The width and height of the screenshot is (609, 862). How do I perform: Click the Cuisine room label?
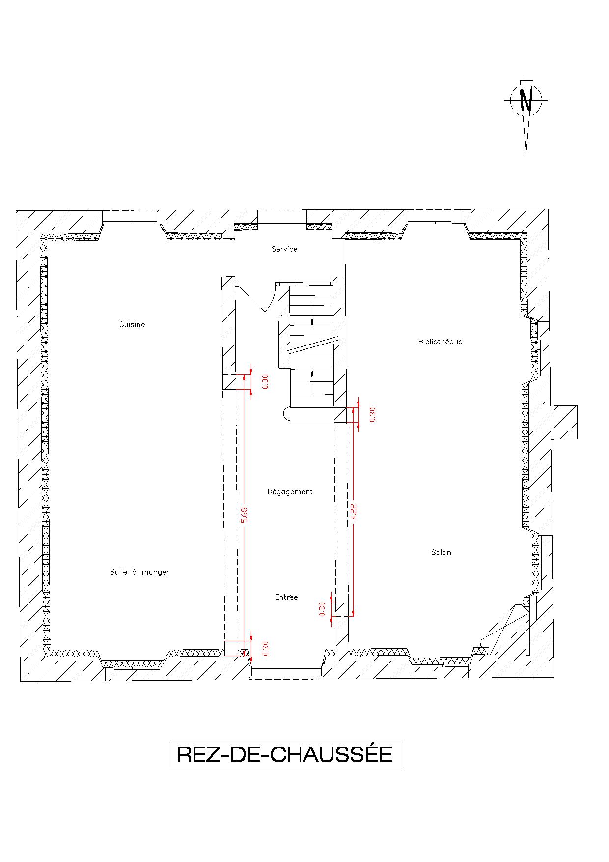pyautogui.click(x=132, y=324)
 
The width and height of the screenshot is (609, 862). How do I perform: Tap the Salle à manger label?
pyautogui.click(x=139, y=572)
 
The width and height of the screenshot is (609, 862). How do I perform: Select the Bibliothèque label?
pyautogui.click(x=440, y=341)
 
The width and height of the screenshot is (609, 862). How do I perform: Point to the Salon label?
pyautogui.click(x=441, y=552)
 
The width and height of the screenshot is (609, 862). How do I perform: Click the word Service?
pyautogui.click(x=284, y=249)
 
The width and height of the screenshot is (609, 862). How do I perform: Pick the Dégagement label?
pyautogui.click(x=290, y=491)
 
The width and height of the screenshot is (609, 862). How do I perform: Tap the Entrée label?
pyautogui.click(x=286, y=597)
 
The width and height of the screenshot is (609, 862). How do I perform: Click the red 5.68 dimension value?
pyautogui.click(x=245, y=515)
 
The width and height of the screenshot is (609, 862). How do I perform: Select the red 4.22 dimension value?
pyautogui.click(x=354, y=511)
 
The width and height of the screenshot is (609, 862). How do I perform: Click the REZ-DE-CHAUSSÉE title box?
pyautogui.click(x=285, y=754)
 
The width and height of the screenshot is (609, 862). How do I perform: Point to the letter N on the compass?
pyautogui.click(x=526, y=100)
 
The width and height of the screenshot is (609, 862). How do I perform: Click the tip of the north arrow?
pyautogui.click(x=526, y=154)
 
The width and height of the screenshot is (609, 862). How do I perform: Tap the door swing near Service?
pyautogui.click(x=255, y=297)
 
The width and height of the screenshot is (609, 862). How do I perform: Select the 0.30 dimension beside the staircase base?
pyautogui.click(x=372, y=414)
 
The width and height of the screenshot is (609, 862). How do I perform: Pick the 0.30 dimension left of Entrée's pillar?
pyautogui.click(x=322, y=609)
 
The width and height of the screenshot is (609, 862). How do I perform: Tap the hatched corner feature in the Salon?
pyautogui.click(x=503, y=629)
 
